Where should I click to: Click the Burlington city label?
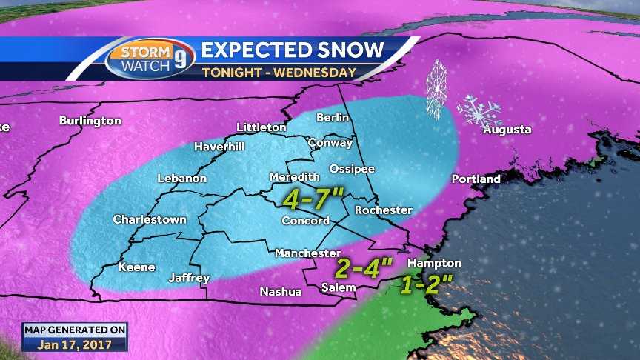(x=90, y=120)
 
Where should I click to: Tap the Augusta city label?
(x=507, y=130)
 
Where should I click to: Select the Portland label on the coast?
(x=476, y=179)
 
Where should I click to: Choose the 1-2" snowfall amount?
(x=427, y=284)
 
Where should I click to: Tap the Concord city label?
(x=305, y=221)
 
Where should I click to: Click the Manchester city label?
(x=307, y=253)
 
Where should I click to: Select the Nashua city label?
(x=280, y=292)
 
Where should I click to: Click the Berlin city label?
(x=332, y=118)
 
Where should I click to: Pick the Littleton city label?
(x=261, y=127)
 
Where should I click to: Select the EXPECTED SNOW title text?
(x=293, y=50)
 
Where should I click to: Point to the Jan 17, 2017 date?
(x=74, y=344)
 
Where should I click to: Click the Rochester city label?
(x=383, y=210)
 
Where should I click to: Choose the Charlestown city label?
(x=150, y=220)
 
